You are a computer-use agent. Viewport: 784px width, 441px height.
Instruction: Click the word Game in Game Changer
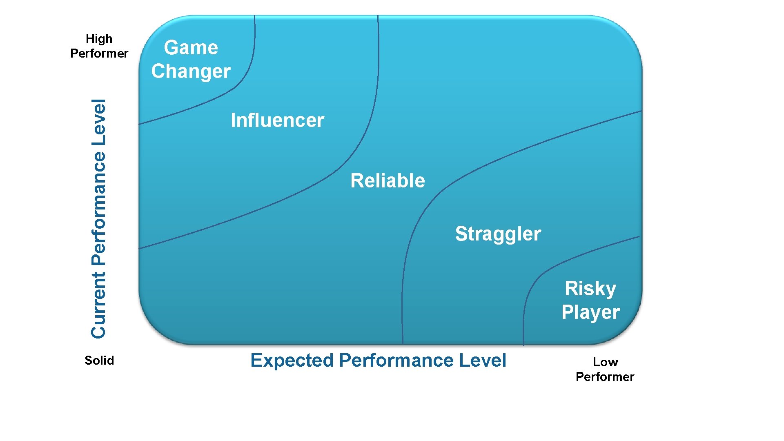pos(191,47)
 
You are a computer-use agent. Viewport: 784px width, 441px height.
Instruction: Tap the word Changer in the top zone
pos(191,71)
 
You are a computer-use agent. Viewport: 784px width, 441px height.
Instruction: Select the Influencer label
pos(277,120)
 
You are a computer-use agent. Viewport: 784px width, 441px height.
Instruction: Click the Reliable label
pos(388,180)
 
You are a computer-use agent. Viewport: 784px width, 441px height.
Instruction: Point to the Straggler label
pos(498,234)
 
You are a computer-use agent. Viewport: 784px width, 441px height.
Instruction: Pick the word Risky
pos(590,289)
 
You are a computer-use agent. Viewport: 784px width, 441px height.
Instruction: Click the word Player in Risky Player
pos(590,312)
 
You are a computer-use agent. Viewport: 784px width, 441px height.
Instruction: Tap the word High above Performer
pos(99,39)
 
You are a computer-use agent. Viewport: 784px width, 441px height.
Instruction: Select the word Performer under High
pos(99,53)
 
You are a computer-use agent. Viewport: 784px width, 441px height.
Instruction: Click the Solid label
pos(99,361)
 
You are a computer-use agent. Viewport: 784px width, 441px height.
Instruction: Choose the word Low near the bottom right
pos(605,362)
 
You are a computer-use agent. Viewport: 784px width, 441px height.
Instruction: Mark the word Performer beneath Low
pos(605,377)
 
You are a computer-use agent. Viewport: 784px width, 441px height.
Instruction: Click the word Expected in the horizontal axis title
pos(292,361)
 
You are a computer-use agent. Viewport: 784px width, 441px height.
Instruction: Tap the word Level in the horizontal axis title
pos(483,361)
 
